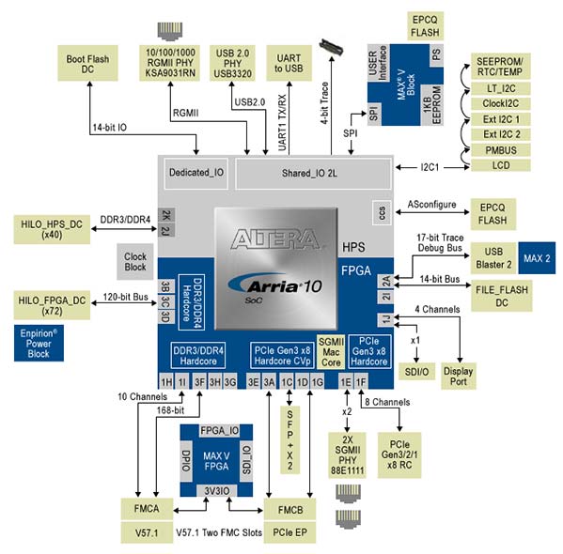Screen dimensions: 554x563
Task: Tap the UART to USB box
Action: (x=291, y=62)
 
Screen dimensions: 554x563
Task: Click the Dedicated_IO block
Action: (x=195, y=173)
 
